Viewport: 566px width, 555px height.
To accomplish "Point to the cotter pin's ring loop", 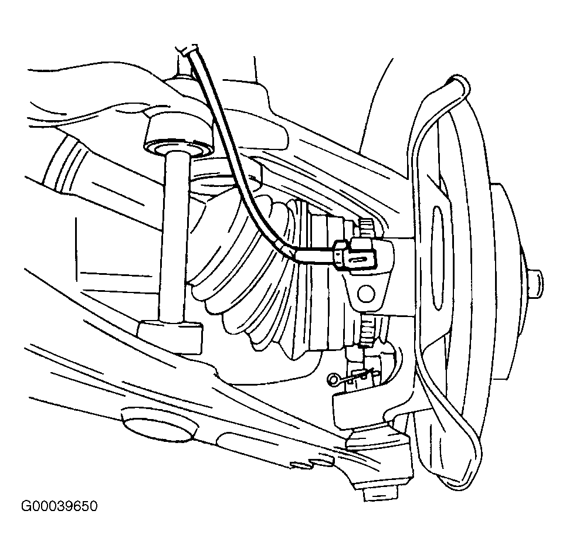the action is pos(332,379).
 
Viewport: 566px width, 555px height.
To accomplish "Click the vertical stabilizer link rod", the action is pos(174,236).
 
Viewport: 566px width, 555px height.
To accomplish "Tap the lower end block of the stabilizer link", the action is pos(170,334).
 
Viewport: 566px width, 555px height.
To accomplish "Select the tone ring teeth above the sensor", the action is pos(367,228).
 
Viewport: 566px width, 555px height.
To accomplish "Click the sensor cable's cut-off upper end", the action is pos(187,49).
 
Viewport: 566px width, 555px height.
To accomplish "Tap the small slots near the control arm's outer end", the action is pos(312,464).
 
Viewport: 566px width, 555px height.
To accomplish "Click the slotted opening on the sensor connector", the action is pos(360,260).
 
